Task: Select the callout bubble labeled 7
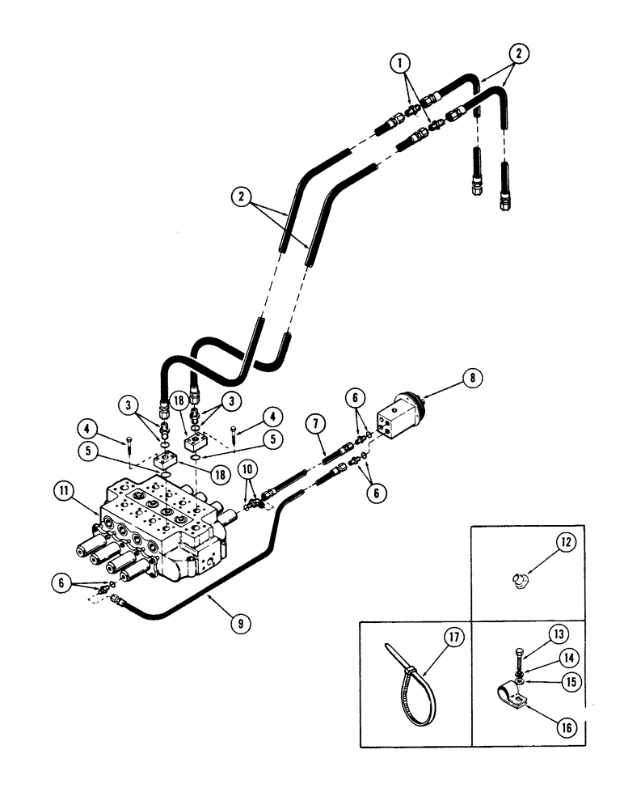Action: click(314, 422)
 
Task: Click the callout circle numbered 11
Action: click(63, 489)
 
